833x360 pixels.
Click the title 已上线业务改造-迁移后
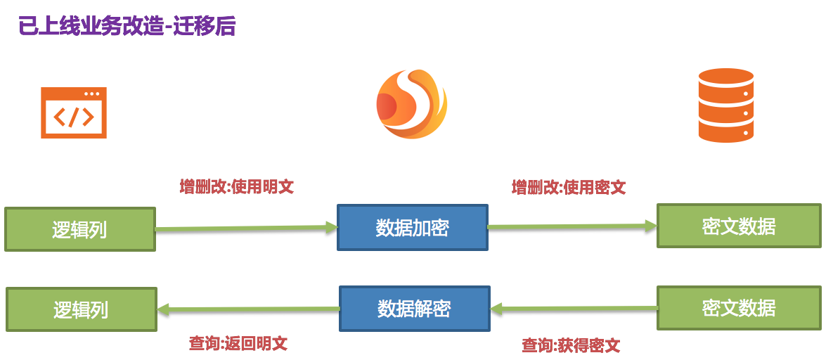[127, 26]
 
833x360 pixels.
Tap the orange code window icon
[74, 112]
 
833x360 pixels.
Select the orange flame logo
[412, 105]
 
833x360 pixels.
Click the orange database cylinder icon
[725, 105]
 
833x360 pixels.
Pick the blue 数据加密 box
[413, 227]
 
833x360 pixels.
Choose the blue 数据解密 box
[414, 309]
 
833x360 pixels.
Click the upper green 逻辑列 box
[80, 229]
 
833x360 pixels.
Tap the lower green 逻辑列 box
[82, 309]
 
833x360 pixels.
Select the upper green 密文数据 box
[739, 226]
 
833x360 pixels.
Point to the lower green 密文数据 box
[739, 308]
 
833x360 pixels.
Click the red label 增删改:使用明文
[236, 187]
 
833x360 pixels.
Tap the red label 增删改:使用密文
[568, 188]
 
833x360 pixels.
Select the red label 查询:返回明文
[238, 344]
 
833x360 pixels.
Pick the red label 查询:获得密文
[571, 345]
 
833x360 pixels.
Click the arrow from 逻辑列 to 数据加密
[246, 228]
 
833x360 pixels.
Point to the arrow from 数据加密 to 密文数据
[572, 226]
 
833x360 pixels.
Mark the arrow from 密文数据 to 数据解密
[574, 309]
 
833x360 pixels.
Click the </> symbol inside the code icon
[74, 117]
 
